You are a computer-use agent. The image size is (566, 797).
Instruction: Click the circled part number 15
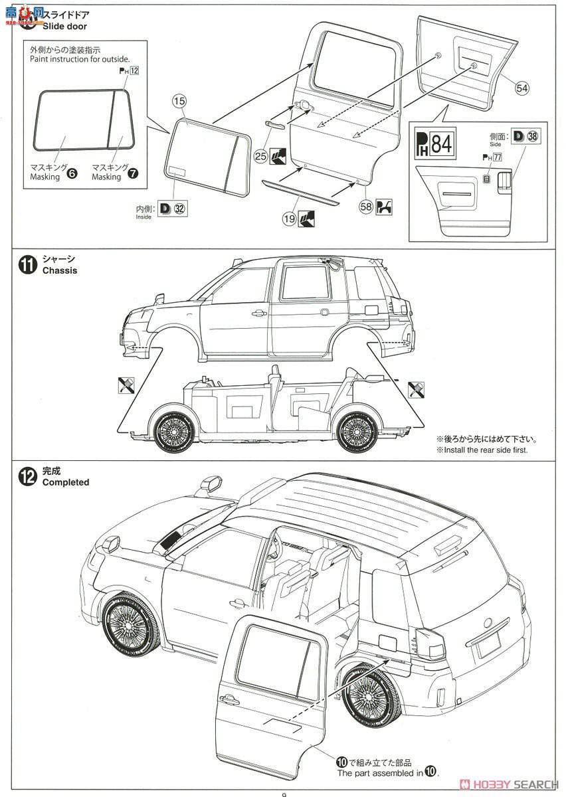(x=179, y=102)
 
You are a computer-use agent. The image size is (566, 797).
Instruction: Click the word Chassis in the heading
(x=60, y=270)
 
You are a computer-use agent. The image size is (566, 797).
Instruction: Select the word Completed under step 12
(x=66, y=482)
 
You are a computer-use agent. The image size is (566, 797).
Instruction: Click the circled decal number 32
(x=179, y=209)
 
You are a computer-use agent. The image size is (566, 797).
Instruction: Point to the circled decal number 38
(x=533, y=137)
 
